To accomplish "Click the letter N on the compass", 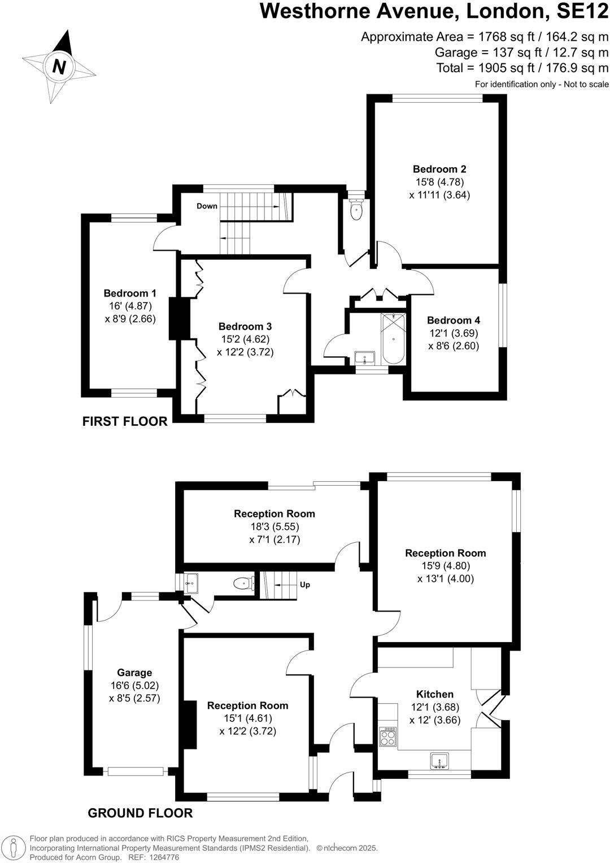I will coord(59,67).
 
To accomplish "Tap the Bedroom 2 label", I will coord(439,169).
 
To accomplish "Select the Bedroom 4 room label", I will coord(454,320).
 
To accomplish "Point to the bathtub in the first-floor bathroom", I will coord(393,339).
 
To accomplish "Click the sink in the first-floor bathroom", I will coord(364,358).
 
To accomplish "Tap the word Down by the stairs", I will coord(207,206).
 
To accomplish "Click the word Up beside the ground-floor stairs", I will coord(305,585).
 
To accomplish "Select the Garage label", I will coord(134,673).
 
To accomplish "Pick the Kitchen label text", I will coord(435,694).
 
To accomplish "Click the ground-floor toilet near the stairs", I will coord(243,583).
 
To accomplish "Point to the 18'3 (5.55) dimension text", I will coord(274,526).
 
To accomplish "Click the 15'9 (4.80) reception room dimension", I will coord(446,566).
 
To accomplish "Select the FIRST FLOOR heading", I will coord(125,421).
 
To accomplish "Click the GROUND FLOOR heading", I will coord(140,813).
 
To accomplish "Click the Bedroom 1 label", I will coord(130,293).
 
